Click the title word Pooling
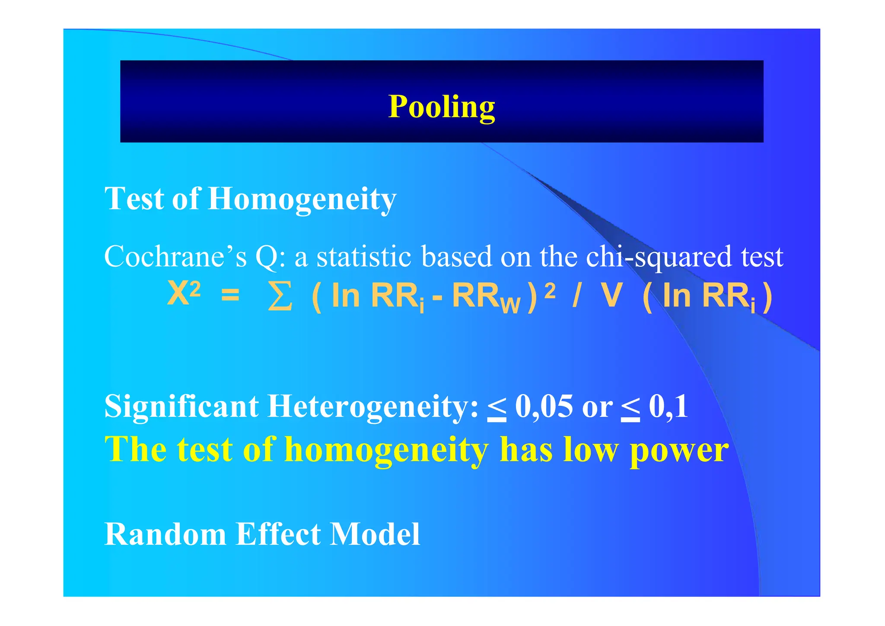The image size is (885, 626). click(441, 107)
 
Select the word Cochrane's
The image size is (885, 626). click(175, 256)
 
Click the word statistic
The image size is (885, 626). click(363, 256)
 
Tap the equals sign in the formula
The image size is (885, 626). click(230, 295)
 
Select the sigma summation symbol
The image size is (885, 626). click(280, 297)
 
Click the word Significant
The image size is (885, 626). click(181, 406)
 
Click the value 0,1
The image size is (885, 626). click(668, 406)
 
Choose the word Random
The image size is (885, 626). click(165, 534)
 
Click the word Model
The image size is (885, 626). click(375, 534)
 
